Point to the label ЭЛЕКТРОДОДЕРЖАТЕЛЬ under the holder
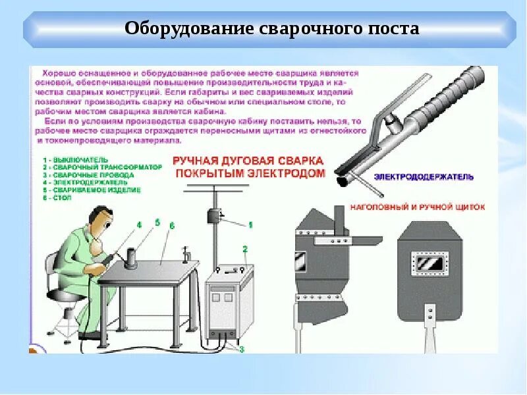pyautogui.click(x=423, y=177)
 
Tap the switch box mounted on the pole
pyautogui.click(x=213, y=217)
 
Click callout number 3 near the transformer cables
pyautogui.click(x=241, y=349)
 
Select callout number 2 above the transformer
pyautogui.click(x=244, y=249)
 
